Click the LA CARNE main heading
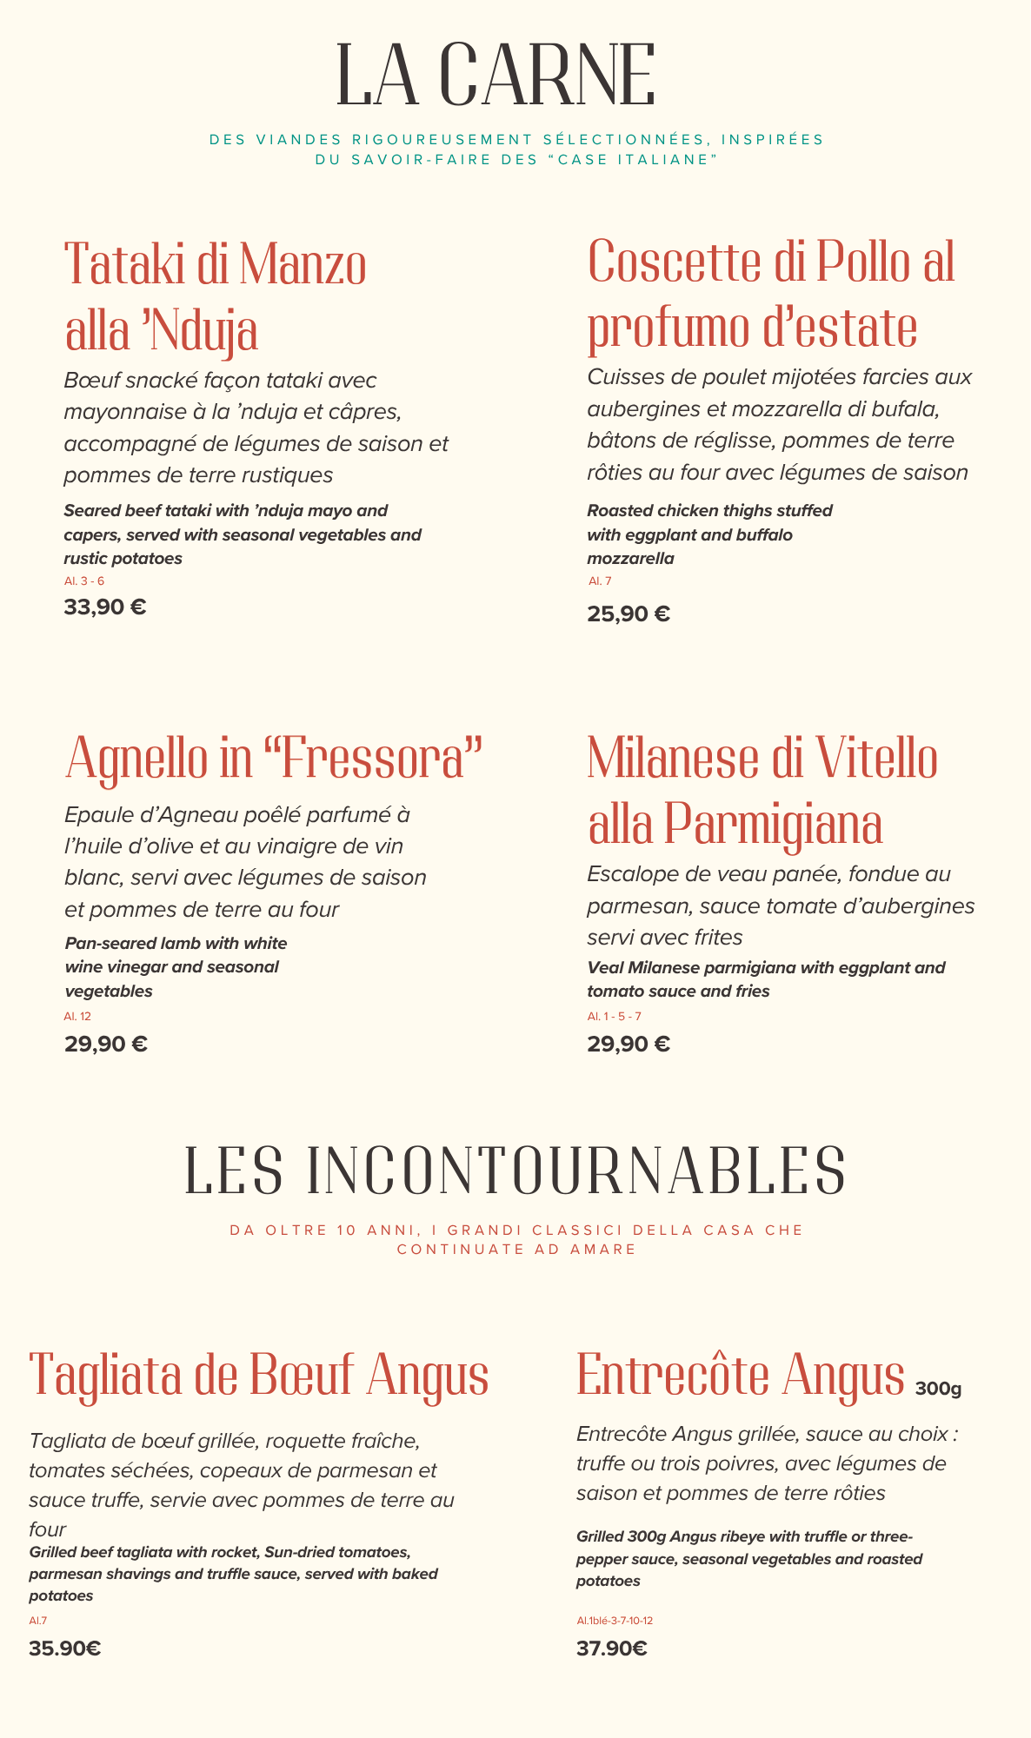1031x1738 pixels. [496, 76]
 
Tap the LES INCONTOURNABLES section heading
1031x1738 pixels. [515, 1171]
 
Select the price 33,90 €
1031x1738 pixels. [105, 607]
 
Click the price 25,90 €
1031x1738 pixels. [629, 614]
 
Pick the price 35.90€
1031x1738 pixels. [65, 1648]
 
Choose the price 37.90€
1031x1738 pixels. [612, 1648]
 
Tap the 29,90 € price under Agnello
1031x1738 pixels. [106, 1044]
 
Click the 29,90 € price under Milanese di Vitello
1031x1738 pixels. [629, 1044]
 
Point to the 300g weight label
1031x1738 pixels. [938, 1389]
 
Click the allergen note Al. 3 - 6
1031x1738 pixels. [84, 580]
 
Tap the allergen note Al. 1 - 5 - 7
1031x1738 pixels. [614, 1016]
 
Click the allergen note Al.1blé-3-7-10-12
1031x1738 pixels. [615, 1621]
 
